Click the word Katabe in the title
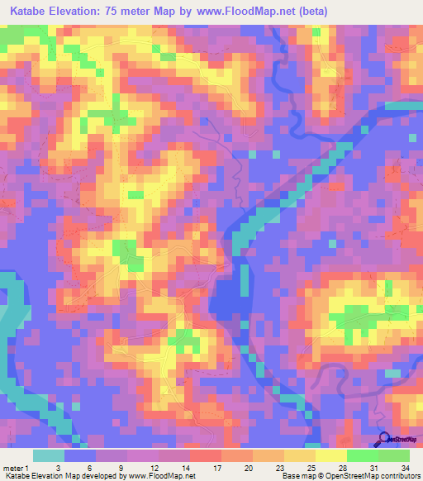click(x=31, y=12)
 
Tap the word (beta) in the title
click(x=312, y=12)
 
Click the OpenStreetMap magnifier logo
click(x=385, y=440)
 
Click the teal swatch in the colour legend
click(x=49, y=455)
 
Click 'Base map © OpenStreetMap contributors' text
click(x=350, y=476)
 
